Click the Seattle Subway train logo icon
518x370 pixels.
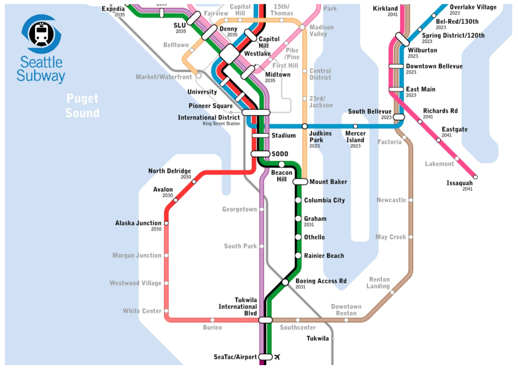pyautogui.click(x=41, y=34)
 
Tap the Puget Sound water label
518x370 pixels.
pyautogui.click(x=83, y=105)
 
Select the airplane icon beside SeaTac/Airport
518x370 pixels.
pyautogui.click(x=278, y=357)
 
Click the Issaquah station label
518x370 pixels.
pyautogui.click(x=459, y=183)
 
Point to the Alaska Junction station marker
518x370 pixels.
pyautogui.click(x=166, y=223)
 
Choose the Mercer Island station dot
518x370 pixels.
pyautogui.click(x=355, y=126)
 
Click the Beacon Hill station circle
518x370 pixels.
pyautogui.click(x=281, y=164)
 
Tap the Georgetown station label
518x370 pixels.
pyautogui.click(x=239, y=209)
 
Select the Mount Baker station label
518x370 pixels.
pyautogui.click(x=328, y=182)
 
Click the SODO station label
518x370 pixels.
pyautogui.click(x=280, y=154)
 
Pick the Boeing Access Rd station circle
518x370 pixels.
pyautogui.click(x=285, y=282)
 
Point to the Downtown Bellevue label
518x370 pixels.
pyautogui.click(x=434, y=66)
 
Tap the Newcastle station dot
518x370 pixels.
pyautogui.click(x=411, y=200)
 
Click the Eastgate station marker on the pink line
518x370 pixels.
pyautogui.click(x=438, y=140)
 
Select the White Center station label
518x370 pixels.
pyautogui.click(x=142, y=311)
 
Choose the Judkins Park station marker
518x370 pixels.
pyautogui.click(x=305, y=126)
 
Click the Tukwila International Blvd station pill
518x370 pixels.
pyautogui.click(x=265, y=320)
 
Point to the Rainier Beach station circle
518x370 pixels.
pyautogui.click(x=298, y=256)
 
